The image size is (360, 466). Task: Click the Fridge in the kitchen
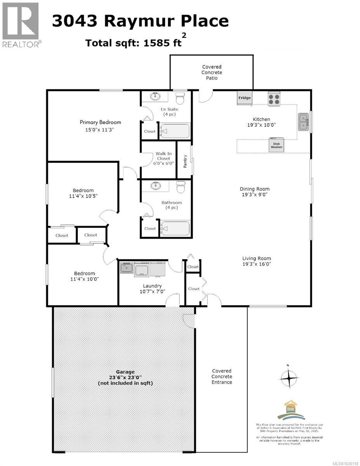click(x=245, y=98)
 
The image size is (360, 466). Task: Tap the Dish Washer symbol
click(x=277, y=145)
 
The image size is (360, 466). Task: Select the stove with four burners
click(x=273, y=99)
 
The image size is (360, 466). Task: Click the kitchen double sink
click(x=303, y=122)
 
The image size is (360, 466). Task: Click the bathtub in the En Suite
click(x=175, y=131)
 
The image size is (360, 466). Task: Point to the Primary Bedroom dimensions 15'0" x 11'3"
click(x=100, y=130)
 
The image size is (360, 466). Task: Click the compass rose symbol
click(x=288, y=376)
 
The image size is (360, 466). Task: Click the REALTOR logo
click(x=20, y=24)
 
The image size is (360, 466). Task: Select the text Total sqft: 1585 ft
click(x=134, y=43)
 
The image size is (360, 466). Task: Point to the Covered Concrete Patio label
click(x=211, y=73)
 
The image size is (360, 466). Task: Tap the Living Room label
click(x=256, y=258)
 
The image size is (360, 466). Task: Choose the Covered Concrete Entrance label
click(x=222, y=376)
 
